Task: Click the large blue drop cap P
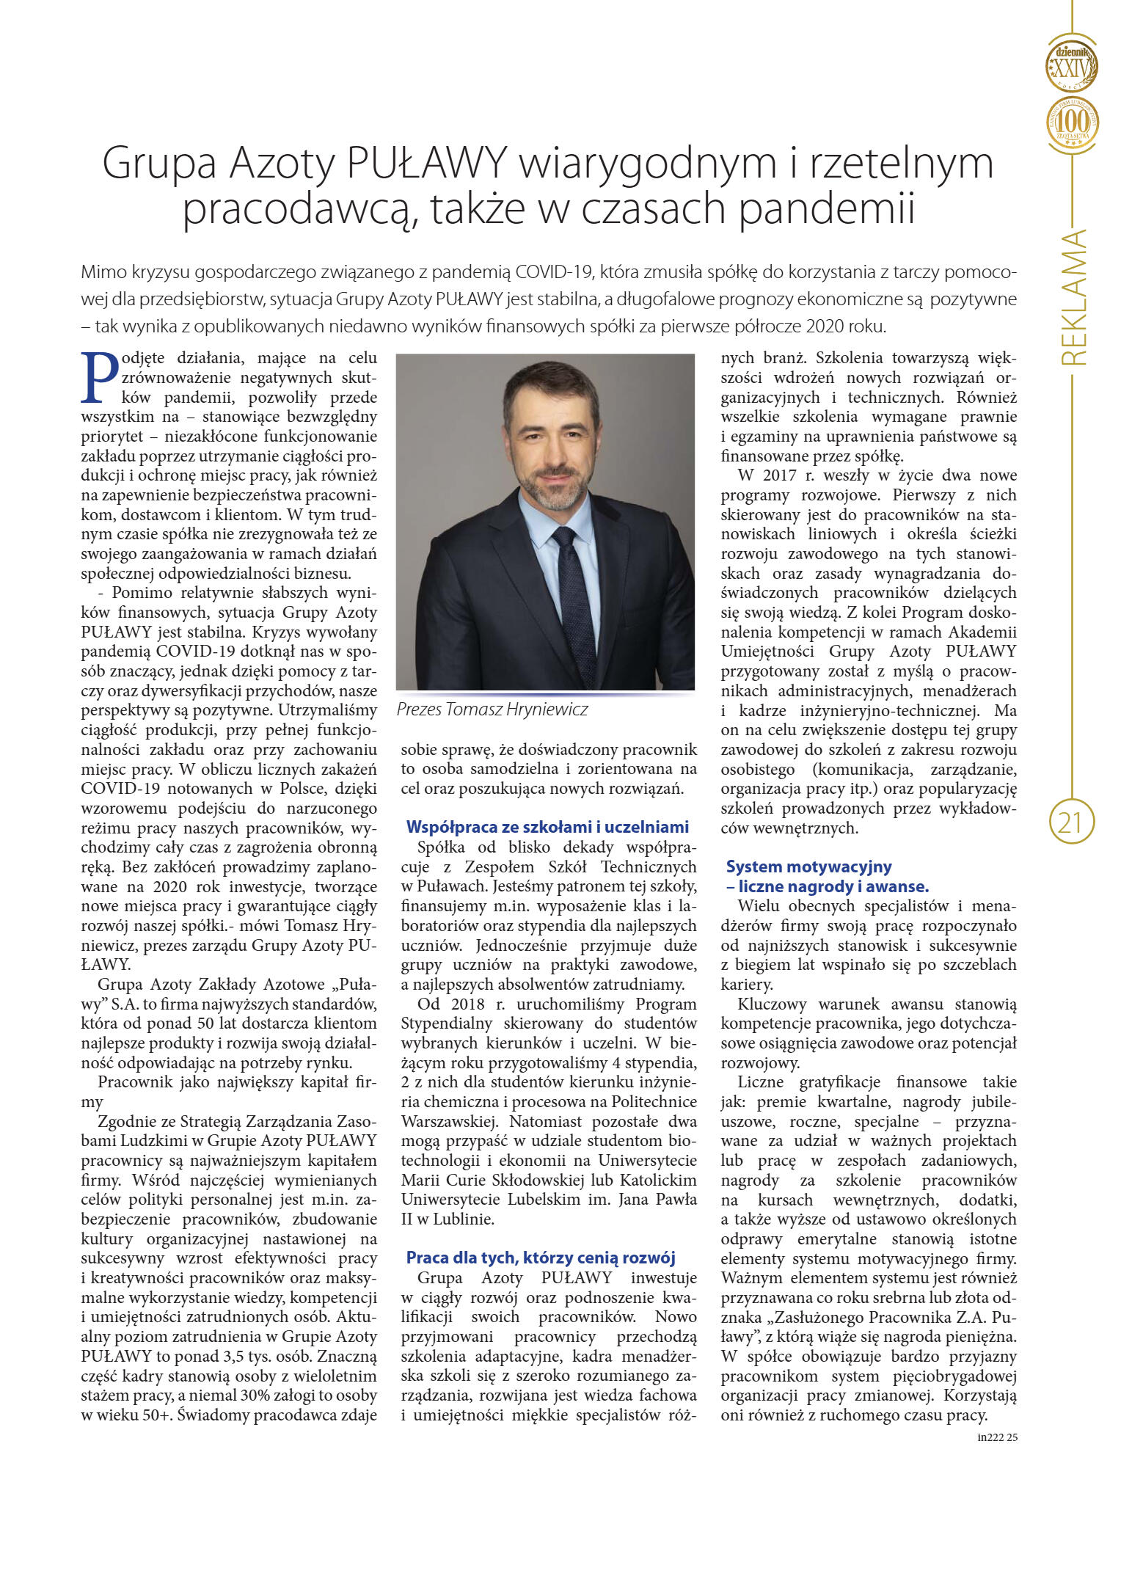click(x=99, y=378)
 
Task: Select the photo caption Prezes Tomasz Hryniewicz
click(x=492, y=709)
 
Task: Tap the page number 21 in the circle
click(x=1071, y=822)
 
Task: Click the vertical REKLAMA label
click(x=1073, y=298)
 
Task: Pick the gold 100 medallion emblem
click(x=1072, y=121)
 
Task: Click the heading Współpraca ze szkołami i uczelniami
click(x=547, y=827)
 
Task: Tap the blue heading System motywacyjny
click(x=808, y=867)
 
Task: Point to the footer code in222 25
click(x=997, y=1437)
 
